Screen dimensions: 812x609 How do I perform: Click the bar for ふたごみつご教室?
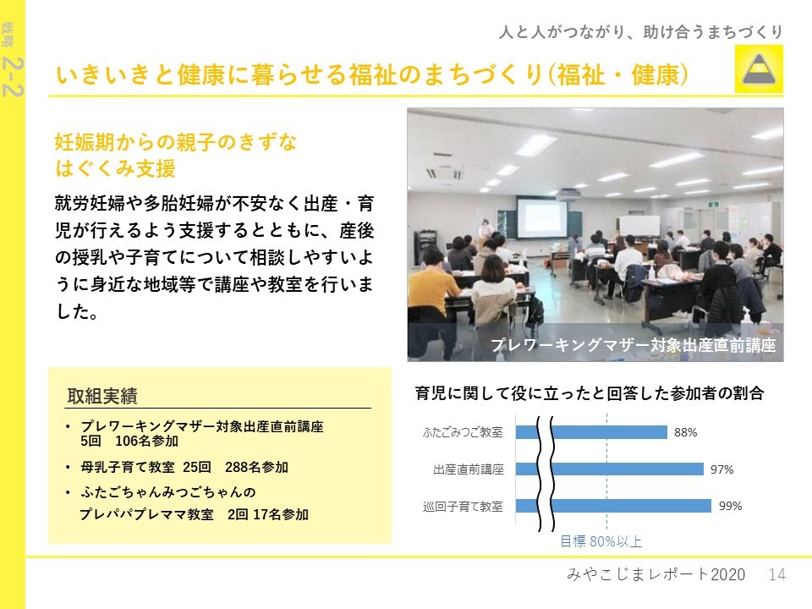591,432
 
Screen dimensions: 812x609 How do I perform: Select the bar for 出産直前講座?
610,469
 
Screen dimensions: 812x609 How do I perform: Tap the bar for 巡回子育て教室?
613,506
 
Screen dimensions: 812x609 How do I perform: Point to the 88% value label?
686,432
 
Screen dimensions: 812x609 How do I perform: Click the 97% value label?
721,469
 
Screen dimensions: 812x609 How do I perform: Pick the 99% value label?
730,506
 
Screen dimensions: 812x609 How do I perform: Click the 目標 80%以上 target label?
601,541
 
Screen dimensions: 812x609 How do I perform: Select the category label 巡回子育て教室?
463,507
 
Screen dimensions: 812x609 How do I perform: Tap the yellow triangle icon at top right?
759,69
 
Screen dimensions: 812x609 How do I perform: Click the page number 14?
776,574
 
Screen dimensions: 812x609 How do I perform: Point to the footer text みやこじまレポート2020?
656,574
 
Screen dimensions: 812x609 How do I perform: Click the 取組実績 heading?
102,396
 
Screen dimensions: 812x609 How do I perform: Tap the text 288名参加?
256,467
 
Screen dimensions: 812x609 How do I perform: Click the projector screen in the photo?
542,218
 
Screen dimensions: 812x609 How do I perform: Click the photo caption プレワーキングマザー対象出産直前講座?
633,345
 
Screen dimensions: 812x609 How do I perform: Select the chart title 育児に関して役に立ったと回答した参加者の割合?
590,393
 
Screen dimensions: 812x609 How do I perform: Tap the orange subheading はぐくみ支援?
116,168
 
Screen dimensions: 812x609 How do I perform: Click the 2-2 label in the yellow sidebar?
13,77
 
